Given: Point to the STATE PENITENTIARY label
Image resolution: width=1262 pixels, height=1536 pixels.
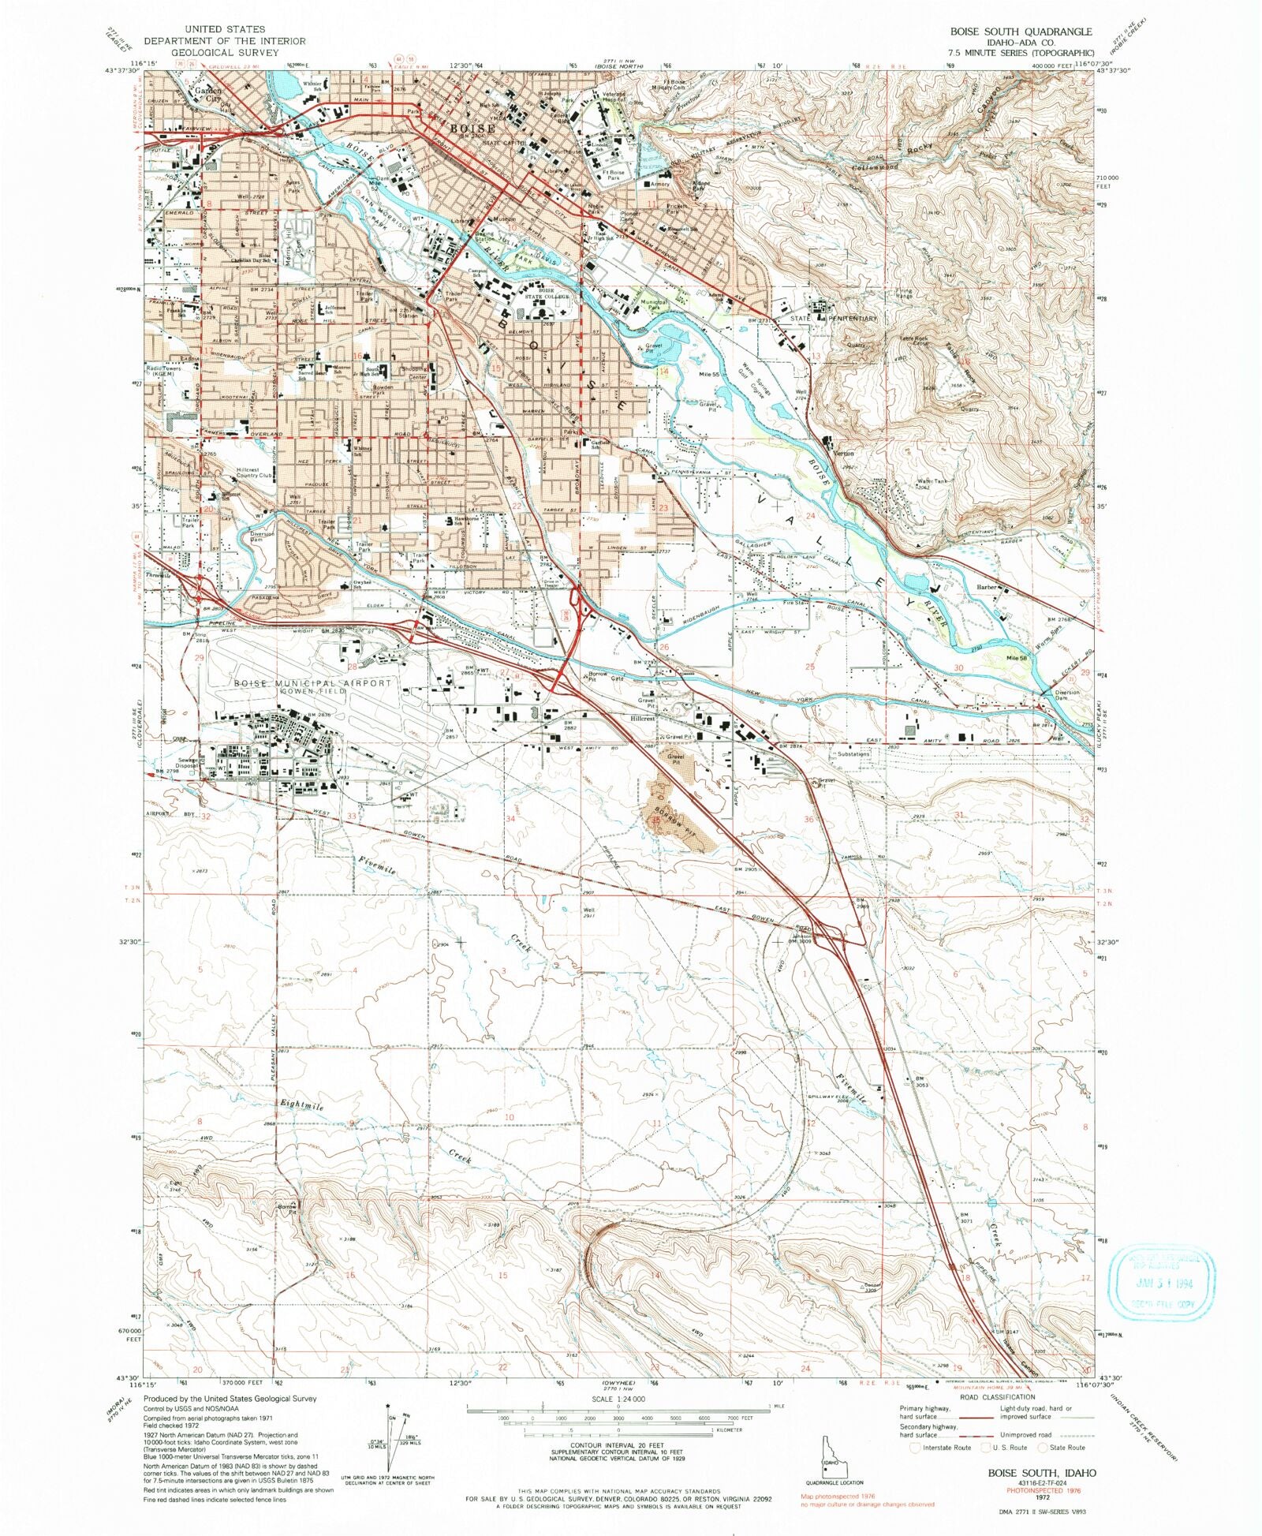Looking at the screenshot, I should click(834, 318).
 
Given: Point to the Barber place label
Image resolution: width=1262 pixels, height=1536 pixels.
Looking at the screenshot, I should click(988, 587).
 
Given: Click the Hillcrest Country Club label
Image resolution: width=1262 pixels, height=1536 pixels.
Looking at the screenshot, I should click(254, 473).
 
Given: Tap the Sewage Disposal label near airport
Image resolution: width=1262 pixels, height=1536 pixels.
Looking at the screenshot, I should click(187, 763).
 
